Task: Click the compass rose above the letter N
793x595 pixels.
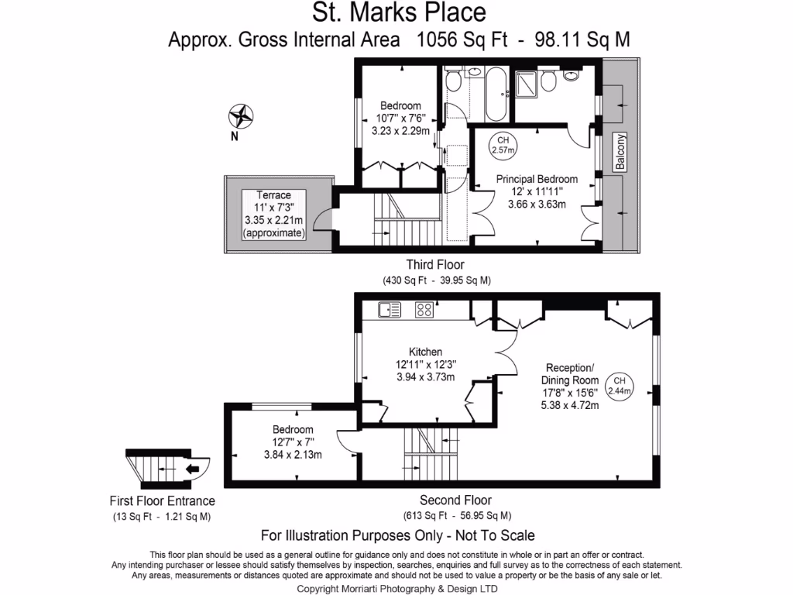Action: (242, 116)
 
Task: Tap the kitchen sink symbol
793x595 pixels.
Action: (390, 310)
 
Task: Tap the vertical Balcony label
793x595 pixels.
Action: (620, 152)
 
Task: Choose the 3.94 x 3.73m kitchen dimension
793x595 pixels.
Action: (425, 377)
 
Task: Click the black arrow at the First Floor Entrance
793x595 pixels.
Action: (193, 468)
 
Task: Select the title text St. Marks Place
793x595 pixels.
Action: (399, 13)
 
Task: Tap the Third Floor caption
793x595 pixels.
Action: (435, 265)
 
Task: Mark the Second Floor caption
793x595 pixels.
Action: (455, 500)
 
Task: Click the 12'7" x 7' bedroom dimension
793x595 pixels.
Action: (293, 442)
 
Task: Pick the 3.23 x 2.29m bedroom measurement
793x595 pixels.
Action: (400, 131)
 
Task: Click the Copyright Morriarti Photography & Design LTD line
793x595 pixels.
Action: (397, 589)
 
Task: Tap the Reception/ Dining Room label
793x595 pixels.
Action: (572, 374)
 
